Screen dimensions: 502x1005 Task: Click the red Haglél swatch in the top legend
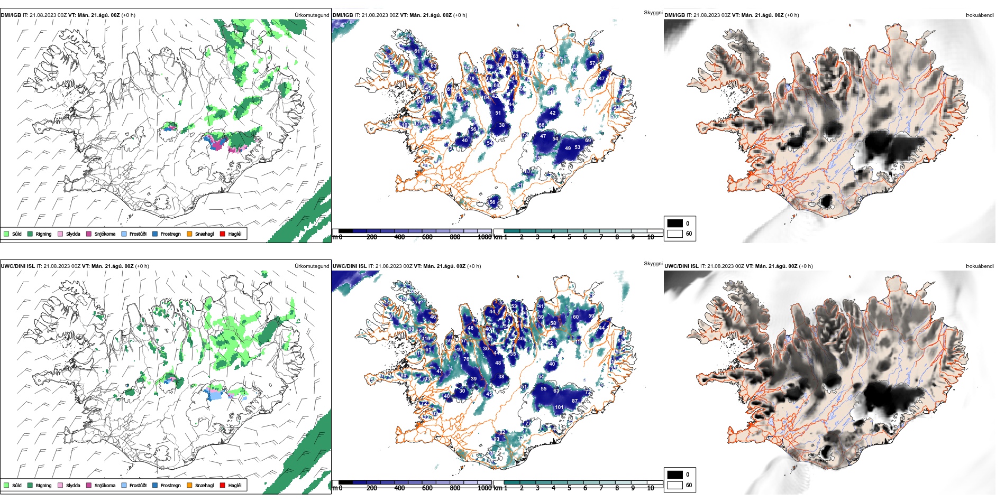pyautogui.click(x=223, y=234)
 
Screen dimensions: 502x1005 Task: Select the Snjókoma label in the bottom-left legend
pyautogui.click(x=105, y=485)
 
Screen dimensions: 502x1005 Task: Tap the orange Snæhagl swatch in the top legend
pyautogui.click(x=189, y=234)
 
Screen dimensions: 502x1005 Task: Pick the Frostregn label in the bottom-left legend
pyautogui.click(x=170, y=485)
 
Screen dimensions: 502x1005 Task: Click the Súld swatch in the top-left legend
pyautogui.click(x=6, y=234)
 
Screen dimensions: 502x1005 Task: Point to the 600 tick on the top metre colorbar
pyautogui.click(x=427, y=237)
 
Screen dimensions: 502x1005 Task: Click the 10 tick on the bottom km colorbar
pyautogui.click(x=651, y=488)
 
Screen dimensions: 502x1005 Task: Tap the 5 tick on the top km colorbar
pyautogui.click(x=569, y=237)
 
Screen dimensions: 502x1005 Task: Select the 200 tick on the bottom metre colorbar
pyautogui.click(x=372, y=488)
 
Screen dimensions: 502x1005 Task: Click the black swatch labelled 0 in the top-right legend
pyautogui.click(x=675, y=223)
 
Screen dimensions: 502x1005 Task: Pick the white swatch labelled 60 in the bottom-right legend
pyautogui.click(x=675, y=485)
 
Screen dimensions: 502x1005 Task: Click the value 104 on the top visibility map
pyautogui.click(x=486, y=98)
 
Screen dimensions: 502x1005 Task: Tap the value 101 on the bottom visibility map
pyautogui.click(x=559, y=407)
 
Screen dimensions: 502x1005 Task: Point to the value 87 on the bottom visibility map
pyautogui.click(x=574, y=401)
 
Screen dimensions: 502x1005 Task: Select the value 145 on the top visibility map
pyautogui.click(x=426, y=88)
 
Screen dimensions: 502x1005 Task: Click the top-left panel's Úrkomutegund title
pyautogui.click(x=312, y=15)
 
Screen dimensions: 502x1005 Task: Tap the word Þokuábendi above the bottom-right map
pyautogui.click(x=980, y=266)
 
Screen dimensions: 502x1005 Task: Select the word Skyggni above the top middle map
pyautogui.click(x=653, y=12)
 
